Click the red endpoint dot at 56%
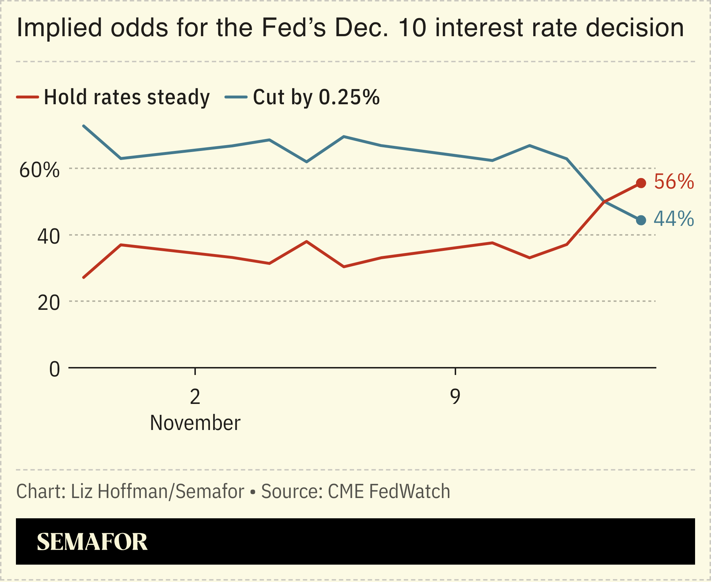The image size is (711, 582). tap(641, 183)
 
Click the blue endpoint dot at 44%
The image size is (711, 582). tap(641, 220)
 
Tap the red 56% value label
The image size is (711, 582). tap(674, 182)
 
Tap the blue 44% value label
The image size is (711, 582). tap(674, 219)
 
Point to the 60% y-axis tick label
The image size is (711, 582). tap(39, 170)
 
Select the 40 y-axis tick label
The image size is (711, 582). tap(49, 237)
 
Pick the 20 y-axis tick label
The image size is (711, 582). tap(49, 303)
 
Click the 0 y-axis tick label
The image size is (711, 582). tap(54, 370)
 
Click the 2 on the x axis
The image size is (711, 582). tap(195, 397)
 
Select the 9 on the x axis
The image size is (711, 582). tap(455, 397)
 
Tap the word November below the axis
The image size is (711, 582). tap(195, 423)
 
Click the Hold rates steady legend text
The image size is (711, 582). tap(127, 97)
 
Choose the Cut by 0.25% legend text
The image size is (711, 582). tap(316, 97)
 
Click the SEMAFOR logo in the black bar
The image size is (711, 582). tap(92, 542)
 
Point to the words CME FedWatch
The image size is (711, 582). tap(389, 492)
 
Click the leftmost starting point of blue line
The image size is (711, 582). tap(84, 126)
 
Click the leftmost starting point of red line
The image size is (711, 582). tap(84, 278)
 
